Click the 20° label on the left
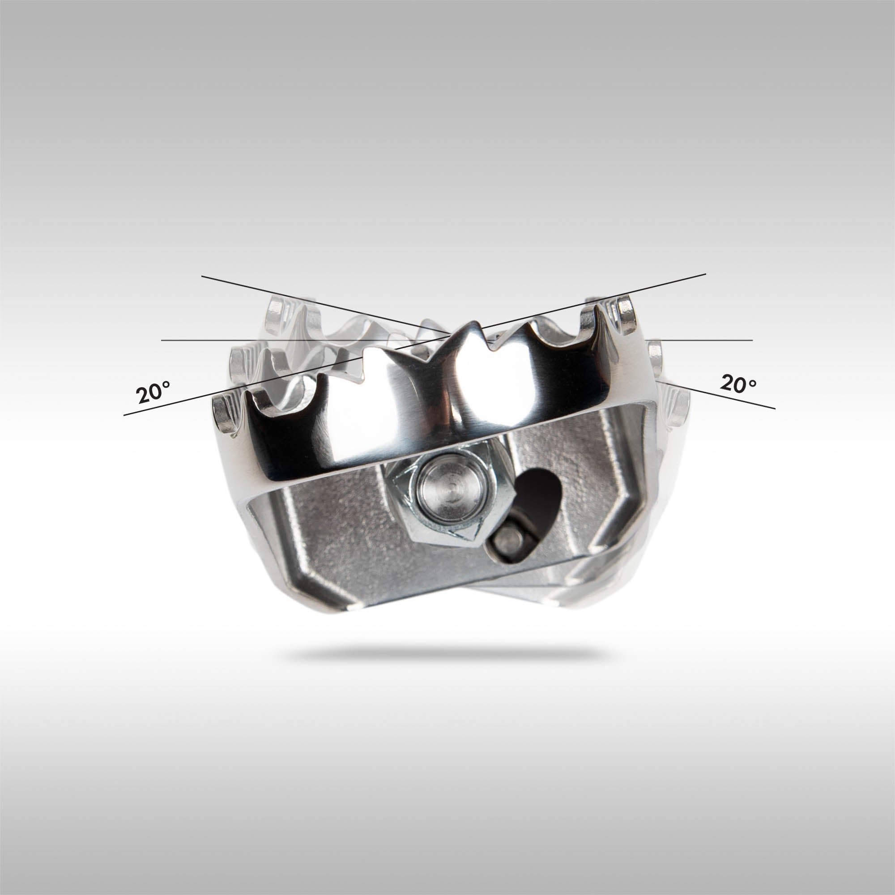153,392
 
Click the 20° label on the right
738,384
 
